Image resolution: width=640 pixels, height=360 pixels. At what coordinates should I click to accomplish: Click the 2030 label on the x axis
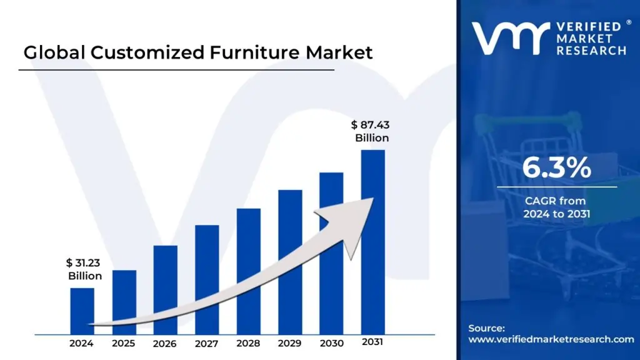click(331, 343)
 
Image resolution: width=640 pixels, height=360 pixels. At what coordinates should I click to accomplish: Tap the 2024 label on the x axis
click(82, 343)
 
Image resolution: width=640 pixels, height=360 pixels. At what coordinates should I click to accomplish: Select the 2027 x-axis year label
click(207, 343)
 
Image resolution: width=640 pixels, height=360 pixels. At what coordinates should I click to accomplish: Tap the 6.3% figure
click(556, 168)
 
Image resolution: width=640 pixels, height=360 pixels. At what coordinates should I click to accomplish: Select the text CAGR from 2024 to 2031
click(556, 207)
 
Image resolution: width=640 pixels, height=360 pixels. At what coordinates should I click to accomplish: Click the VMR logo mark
click(510, 38)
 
